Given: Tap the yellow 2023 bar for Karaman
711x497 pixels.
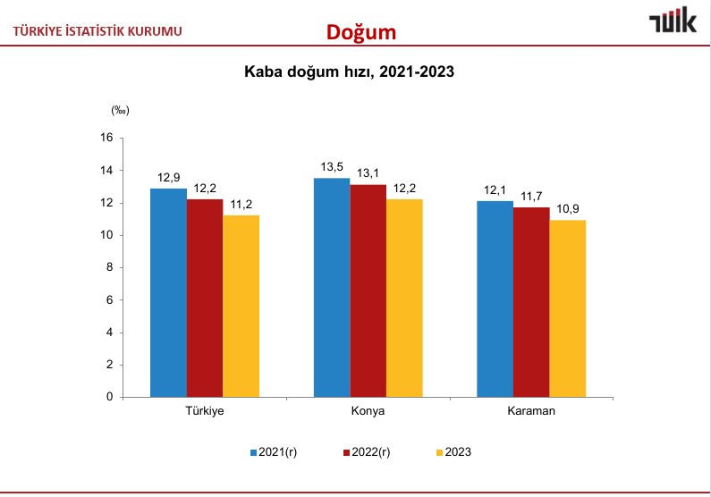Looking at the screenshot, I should (x=567, y=308).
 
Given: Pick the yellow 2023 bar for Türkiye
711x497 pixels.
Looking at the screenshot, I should (x=241, y=306).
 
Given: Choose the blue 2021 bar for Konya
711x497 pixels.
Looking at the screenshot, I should (x=332, y=287).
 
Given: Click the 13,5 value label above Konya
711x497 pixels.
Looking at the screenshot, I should (x=332, y=166).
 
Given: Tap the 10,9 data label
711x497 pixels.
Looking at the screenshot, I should (x=569, y=208).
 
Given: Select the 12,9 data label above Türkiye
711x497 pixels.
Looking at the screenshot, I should (x=168, y=176).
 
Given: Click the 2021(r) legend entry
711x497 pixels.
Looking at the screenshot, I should (x=273, y=452).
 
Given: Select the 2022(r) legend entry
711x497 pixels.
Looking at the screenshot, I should (x=367, y=452).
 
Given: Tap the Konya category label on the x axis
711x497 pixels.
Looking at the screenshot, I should (x=368, y=411).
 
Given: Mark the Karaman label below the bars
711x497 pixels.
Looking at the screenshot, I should (x=531, y=411).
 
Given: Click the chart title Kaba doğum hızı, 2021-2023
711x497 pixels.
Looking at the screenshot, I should (x=350, y=73).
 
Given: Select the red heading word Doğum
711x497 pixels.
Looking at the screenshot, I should (x=360, y=32).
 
